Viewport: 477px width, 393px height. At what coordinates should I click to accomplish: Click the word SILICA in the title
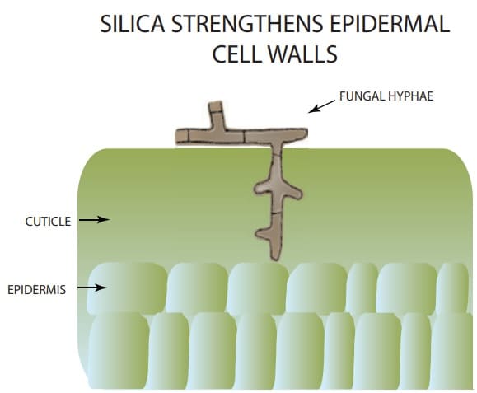[x=133, y=24]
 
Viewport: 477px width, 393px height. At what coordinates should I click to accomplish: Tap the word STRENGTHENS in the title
[x=246, y=24]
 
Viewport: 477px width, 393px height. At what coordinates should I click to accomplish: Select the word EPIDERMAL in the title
[x=390, y=24]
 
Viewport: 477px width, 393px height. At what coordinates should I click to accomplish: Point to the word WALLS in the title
[x=302, y=54]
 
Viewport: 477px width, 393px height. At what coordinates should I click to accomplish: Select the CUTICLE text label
[x=48, y=222]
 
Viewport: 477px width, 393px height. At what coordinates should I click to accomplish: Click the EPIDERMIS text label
[x=36, y=290]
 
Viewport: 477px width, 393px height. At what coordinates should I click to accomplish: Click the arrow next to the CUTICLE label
[x=94, y=219]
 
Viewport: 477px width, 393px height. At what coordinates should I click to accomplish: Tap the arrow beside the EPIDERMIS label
[x=92, y=288]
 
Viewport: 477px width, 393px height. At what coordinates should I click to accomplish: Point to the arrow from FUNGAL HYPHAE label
[x=321, y=106]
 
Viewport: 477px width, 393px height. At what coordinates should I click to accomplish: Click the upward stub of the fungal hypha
[x=216, y=114]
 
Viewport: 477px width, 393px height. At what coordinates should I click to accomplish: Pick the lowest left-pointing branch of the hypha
[x=262, y=234]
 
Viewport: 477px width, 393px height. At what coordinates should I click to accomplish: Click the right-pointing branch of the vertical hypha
[x=293, y=193]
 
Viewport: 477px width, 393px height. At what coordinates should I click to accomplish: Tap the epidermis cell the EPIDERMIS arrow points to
[x=127, y=288]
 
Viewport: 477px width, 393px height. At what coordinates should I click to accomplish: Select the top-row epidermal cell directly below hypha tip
[x=258, y=288]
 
